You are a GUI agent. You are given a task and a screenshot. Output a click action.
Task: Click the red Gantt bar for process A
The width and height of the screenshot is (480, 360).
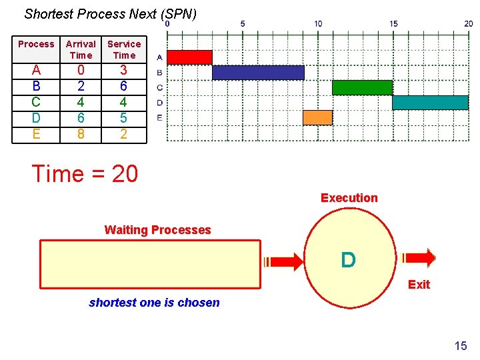click(x=189, y=57)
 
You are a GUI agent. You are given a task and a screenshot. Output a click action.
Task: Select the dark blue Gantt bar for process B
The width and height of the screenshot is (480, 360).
click(x=258, y=73)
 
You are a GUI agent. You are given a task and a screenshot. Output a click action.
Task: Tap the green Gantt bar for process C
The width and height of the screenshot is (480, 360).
click(x=362, y=87)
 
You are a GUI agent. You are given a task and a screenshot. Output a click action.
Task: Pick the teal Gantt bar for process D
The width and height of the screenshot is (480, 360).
click(x=430, y=103)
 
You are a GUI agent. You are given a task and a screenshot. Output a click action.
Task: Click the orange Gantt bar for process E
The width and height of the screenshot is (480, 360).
click(x=317, y=118)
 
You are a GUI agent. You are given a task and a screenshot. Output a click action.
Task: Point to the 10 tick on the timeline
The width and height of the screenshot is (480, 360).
click(x=318, y=24)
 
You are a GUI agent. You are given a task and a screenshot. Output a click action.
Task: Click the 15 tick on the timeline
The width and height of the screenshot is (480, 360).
click(x=393, y=24)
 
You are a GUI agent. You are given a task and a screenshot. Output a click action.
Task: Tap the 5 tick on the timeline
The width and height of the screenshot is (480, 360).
click(x=243, y=24)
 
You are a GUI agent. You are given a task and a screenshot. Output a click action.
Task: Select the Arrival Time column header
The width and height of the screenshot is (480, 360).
click(x=81, y=49)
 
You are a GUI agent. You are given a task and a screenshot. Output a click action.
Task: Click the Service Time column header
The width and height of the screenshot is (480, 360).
click(x=124, y=49)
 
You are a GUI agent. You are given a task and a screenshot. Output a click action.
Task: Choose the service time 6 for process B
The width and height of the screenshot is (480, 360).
click(x=123, y=86)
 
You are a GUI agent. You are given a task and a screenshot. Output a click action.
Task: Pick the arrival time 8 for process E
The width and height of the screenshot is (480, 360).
click(x=81, y=134)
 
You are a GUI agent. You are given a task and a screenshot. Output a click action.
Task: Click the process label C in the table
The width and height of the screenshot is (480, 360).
click(x=36, y=102)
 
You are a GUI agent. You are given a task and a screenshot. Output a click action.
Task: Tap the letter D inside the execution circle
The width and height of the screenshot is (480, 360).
click(x=348, y=260)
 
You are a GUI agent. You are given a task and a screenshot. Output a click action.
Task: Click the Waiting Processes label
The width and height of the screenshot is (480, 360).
click(x=157, y=230)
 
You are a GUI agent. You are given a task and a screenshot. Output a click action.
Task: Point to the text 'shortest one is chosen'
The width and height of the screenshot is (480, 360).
click(x=154, y=303)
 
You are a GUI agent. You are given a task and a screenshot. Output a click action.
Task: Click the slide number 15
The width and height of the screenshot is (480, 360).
click(x=460, y=345)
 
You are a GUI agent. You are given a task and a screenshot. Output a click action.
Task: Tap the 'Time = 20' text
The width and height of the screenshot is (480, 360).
click(x=85, y=174)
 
